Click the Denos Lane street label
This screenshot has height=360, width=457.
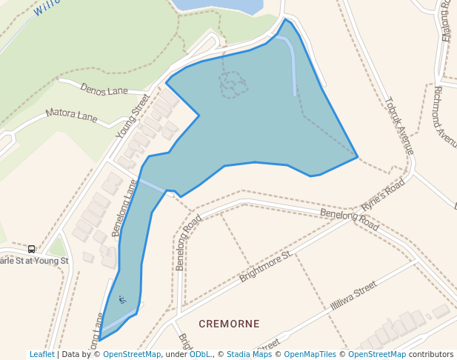104,90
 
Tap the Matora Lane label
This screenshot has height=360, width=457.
71,116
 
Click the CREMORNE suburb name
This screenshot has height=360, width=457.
229,324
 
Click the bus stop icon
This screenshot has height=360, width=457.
31,249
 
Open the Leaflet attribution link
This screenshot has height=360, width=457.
41,355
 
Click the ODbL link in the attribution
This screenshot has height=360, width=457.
199,355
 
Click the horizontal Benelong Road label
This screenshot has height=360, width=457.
349,218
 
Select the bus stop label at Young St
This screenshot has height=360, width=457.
33,261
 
